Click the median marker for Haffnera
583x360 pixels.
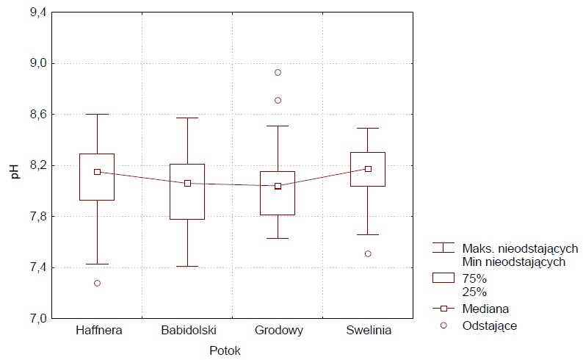click(x=97, y=172)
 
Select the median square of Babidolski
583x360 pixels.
click(x=187, y=183)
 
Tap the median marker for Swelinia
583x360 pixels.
click(x=368, y=169)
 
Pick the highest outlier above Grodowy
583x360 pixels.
click(x=278, y=72)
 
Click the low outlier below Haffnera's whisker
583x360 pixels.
click(x=97, y=283)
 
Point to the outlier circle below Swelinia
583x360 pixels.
click(x=368, y=253)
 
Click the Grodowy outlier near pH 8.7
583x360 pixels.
click(x=278, y=100)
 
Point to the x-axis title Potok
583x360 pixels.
click(x=225, y=351)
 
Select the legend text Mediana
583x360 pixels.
click(x=486, y=309)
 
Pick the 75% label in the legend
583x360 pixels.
click(x=475, y=278)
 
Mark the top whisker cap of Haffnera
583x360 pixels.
click(x=97, y=114)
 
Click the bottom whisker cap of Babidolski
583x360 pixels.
click(x=187, y=266)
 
